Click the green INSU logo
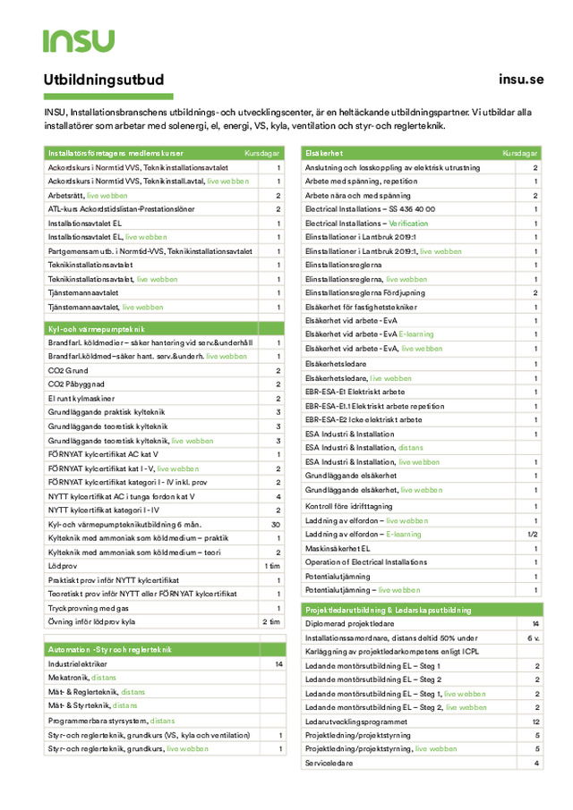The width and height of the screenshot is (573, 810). [79, 40]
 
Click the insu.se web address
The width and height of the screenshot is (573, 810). [520, 80]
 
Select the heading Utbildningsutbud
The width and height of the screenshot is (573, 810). [104, 80]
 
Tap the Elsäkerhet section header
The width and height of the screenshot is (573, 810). [324, 154]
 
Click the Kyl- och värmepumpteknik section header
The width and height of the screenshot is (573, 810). [96, 329]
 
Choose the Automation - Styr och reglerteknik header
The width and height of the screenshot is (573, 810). [109, 649]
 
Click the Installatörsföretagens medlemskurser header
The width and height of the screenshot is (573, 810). [115, 154]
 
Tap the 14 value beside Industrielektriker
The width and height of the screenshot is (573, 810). [278, 664]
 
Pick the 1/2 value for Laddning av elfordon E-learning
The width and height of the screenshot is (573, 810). [533, 534]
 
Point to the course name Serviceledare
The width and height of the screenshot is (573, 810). [329, 763]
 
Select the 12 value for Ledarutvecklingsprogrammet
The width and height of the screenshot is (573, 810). [535, 721]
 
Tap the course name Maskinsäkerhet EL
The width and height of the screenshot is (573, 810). [338, 548]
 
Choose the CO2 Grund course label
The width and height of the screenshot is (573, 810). [68, 370]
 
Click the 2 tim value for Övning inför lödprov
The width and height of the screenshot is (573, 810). [272, 621]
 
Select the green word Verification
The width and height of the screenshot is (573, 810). [408, 223]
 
